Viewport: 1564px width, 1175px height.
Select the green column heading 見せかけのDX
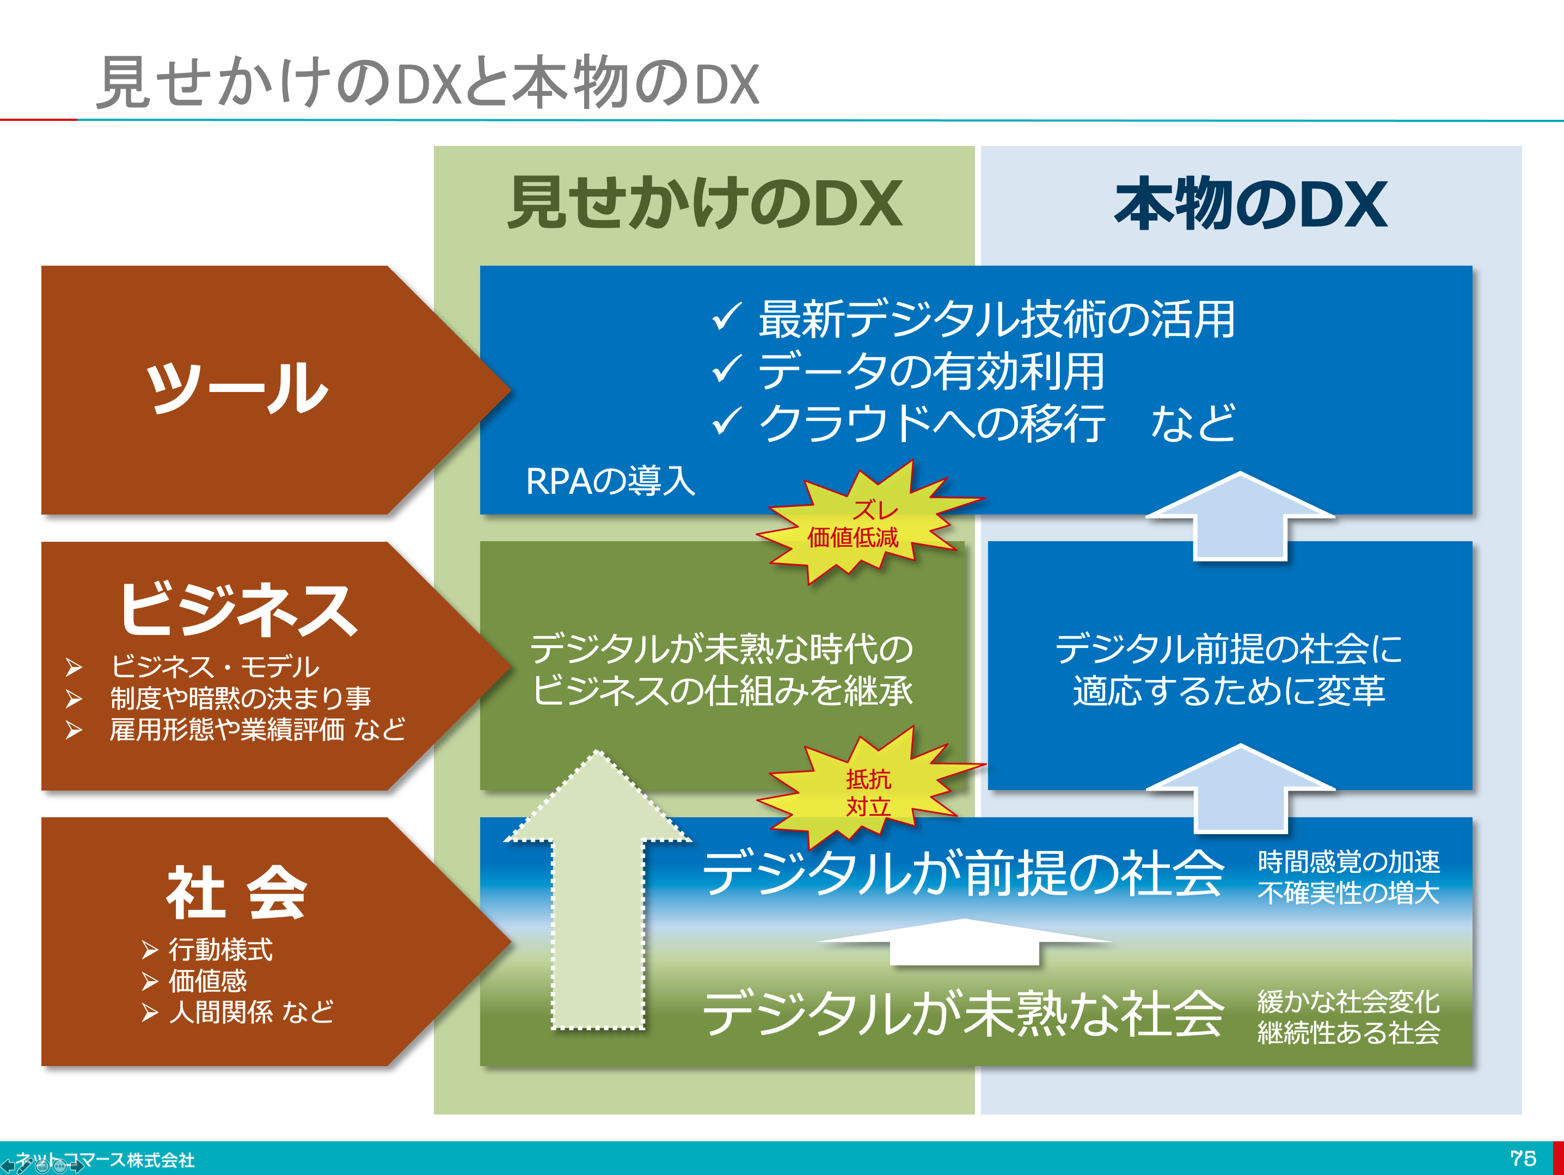(705, 204)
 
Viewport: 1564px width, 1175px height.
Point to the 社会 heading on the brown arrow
(237, 892)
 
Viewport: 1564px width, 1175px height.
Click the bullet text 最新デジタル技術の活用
(997, 319)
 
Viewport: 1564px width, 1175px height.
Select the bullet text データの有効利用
(931, 371)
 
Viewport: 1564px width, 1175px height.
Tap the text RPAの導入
(610, 481)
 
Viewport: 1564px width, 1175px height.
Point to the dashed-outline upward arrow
(598, 891)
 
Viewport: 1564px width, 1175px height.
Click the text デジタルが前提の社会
(963, 873)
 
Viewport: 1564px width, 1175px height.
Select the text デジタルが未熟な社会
(963, 1012)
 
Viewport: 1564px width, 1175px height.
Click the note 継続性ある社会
(1348, 1033)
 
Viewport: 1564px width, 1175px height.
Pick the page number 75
(1524, 1158)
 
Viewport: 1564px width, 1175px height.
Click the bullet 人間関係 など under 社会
(251, 1012)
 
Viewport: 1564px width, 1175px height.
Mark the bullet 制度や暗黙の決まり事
(241, 698)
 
